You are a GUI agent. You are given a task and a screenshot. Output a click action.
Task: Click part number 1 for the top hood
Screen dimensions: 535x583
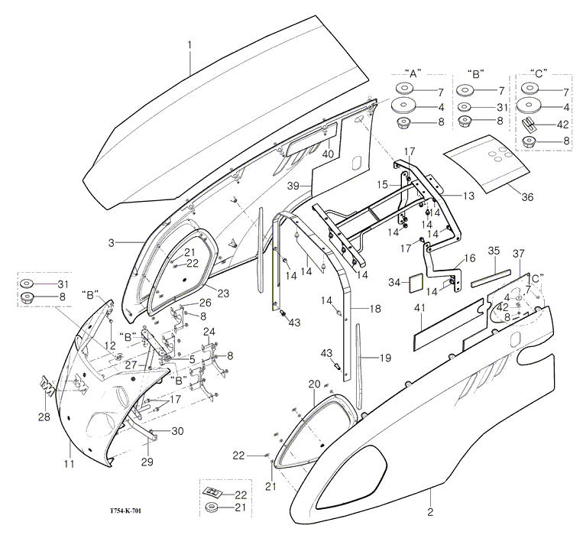point(190,45)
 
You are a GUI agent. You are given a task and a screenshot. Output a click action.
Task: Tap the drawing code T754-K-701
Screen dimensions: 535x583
point(131,517)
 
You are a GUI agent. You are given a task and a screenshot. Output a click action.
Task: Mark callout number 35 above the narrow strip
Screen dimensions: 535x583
point(493,251)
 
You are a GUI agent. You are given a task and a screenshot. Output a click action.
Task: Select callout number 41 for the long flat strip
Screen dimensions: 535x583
point(418,307)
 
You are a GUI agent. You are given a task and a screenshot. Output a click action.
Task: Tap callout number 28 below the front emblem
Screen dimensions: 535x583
point(42,416)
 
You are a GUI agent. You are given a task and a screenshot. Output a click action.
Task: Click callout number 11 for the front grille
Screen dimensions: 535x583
point(68,464)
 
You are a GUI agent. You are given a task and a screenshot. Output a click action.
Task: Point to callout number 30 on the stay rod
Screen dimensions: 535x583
point(177,431)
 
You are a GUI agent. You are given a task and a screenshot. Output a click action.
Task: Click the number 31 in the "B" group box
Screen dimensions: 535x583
point(501,107)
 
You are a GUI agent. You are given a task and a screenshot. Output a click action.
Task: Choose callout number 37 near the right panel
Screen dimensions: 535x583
point(519,253)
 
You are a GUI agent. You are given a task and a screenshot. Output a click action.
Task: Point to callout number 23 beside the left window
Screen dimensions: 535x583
point(223,291)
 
